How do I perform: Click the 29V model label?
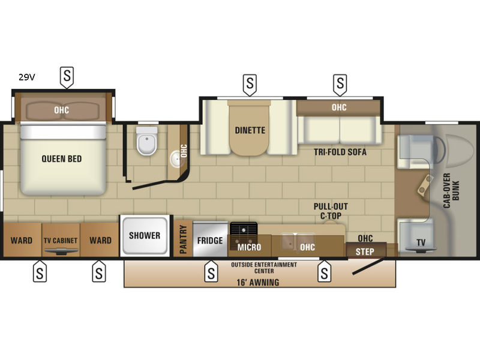coord(27,77)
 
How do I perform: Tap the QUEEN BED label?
coord(62,159)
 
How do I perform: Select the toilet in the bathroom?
coord(146,141)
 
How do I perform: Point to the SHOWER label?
coord(145,235)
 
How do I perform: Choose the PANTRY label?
coord(183,239)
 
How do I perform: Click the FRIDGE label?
coord(210,241)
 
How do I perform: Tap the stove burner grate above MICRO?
coord(244,229)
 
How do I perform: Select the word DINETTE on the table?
coord(250,130)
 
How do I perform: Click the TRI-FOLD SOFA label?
coord(340,152)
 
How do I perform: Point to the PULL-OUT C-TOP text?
coord(331,211)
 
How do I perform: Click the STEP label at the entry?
coord(365,251)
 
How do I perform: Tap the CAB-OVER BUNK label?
coord(451,190)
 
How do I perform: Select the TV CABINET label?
coord(61,241)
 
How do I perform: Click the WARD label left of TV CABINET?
coord(22,241)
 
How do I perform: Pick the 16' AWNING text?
coord(258,282)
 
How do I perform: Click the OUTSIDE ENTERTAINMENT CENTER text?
coord(264,268)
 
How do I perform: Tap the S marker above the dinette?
coord(250,84)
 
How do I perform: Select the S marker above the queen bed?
coord(67,77)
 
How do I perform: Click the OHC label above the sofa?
coord(339,107)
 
